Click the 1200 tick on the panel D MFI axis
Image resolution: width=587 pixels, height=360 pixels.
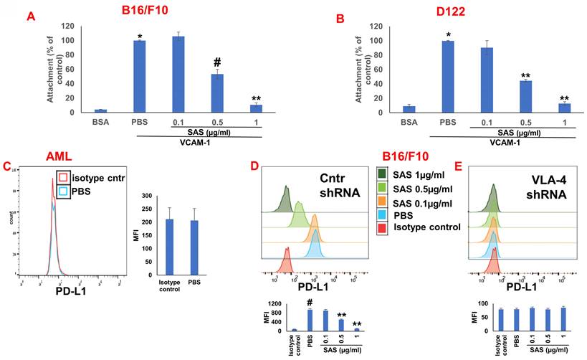coord(273,304)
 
